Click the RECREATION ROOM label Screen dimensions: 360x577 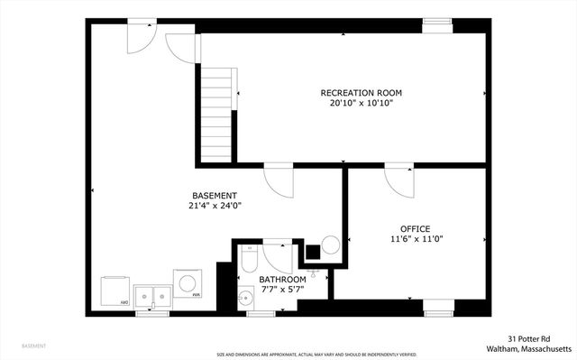[x=362, y=93]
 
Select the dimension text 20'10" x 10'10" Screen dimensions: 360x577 [x=362, y=103]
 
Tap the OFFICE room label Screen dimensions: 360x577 [x=416, y=228]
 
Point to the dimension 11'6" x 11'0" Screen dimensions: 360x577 [x=416, y=239]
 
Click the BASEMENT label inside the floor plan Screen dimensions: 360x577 [x=215, y=196]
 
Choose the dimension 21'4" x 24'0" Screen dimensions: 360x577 [x=215, y=206]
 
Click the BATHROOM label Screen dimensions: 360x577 [x=282, y=280]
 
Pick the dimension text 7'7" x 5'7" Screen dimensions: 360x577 [x=282, y=290]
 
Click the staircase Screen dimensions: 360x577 [x=216, y=117]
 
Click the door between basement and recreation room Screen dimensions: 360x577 [x=279, y=180]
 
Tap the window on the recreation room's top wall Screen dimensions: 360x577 [x=438, y=25]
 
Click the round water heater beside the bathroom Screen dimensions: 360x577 [x=331, y=245]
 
